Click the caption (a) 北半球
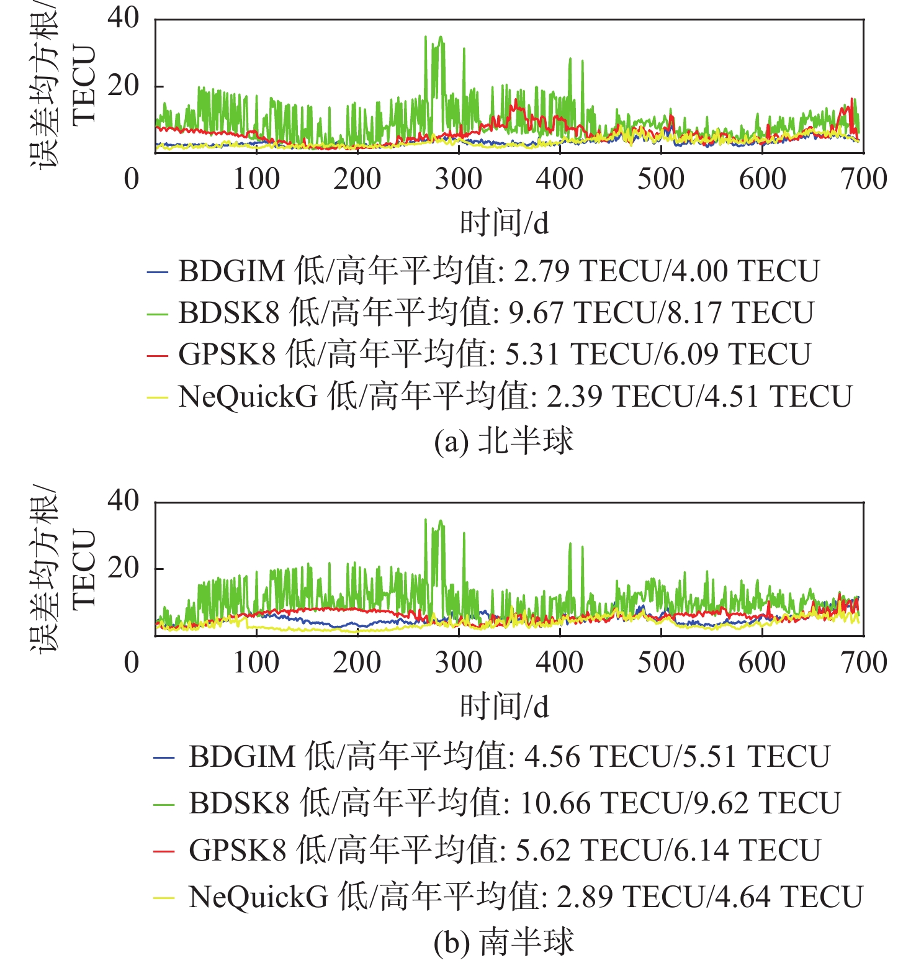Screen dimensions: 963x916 [503, 441]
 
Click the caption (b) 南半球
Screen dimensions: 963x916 [503, 942]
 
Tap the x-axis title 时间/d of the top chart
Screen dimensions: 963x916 [504, 223]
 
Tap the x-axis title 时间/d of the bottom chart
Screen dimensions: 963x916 [504, 707]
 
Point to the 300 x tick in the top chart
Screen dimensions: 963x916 [458, 179]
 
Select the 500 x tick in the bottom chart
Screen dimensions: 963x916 [660, 662]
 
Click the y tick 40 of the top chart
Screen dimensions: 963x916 [123, 17]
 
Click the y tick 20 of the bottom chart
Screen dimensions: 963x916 [123, 567]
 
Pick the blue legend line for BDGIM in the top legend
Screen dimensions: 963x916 [157, 272]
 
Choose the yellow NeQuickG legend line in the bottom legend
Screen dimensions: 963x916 [164, 897]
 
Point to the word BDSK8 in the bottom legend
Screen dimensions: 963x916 [239, 803]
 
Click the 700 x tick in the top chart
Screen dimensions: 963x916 [863, 179]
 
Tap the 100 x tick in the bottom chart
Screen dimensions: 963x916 [256, 662]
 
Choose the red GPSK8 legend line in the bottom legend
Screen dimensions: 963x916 [164, 851]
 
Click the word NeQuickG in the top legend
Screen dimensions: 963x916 [248, 397]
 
